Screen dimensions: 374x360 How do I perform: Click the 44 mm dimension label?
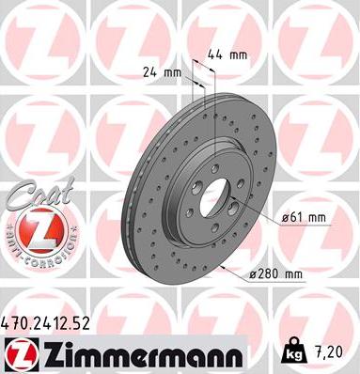231,55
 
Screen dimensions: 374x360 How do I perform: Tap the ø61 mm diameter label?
303,218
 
